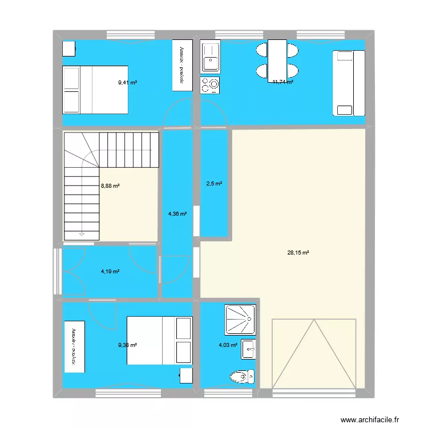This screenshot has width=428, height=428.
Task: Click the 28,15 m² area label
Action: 298,252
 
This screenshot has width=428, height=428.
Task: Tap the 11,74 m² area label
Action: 282,82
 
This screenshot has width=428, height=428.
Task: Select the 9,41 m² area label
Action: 127,83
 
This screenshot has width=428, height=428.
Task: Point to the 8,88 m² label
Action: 110,185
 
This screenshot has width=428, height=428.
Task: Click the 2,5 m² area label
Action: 214,184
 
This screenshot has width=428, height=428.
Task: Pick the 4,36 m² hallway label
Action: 177,214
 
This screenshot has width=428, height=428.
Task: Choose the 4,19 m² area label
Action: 110,272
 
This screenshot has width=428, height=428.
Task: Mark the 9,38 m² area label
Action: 128,345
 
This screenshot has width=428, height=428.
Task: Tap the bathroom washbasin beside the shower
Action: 248,349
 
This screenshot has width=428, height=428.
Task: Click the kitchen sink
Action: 210,56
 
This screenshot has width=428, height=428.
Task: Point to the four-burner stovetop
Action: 210,84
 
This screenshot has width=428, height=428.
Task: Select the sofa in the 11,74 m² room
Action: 348,82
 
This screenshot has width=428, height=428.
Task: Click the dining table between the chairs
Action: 277,59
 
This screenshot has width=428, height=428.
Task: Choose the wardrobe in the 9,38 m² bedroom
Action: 74,346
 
